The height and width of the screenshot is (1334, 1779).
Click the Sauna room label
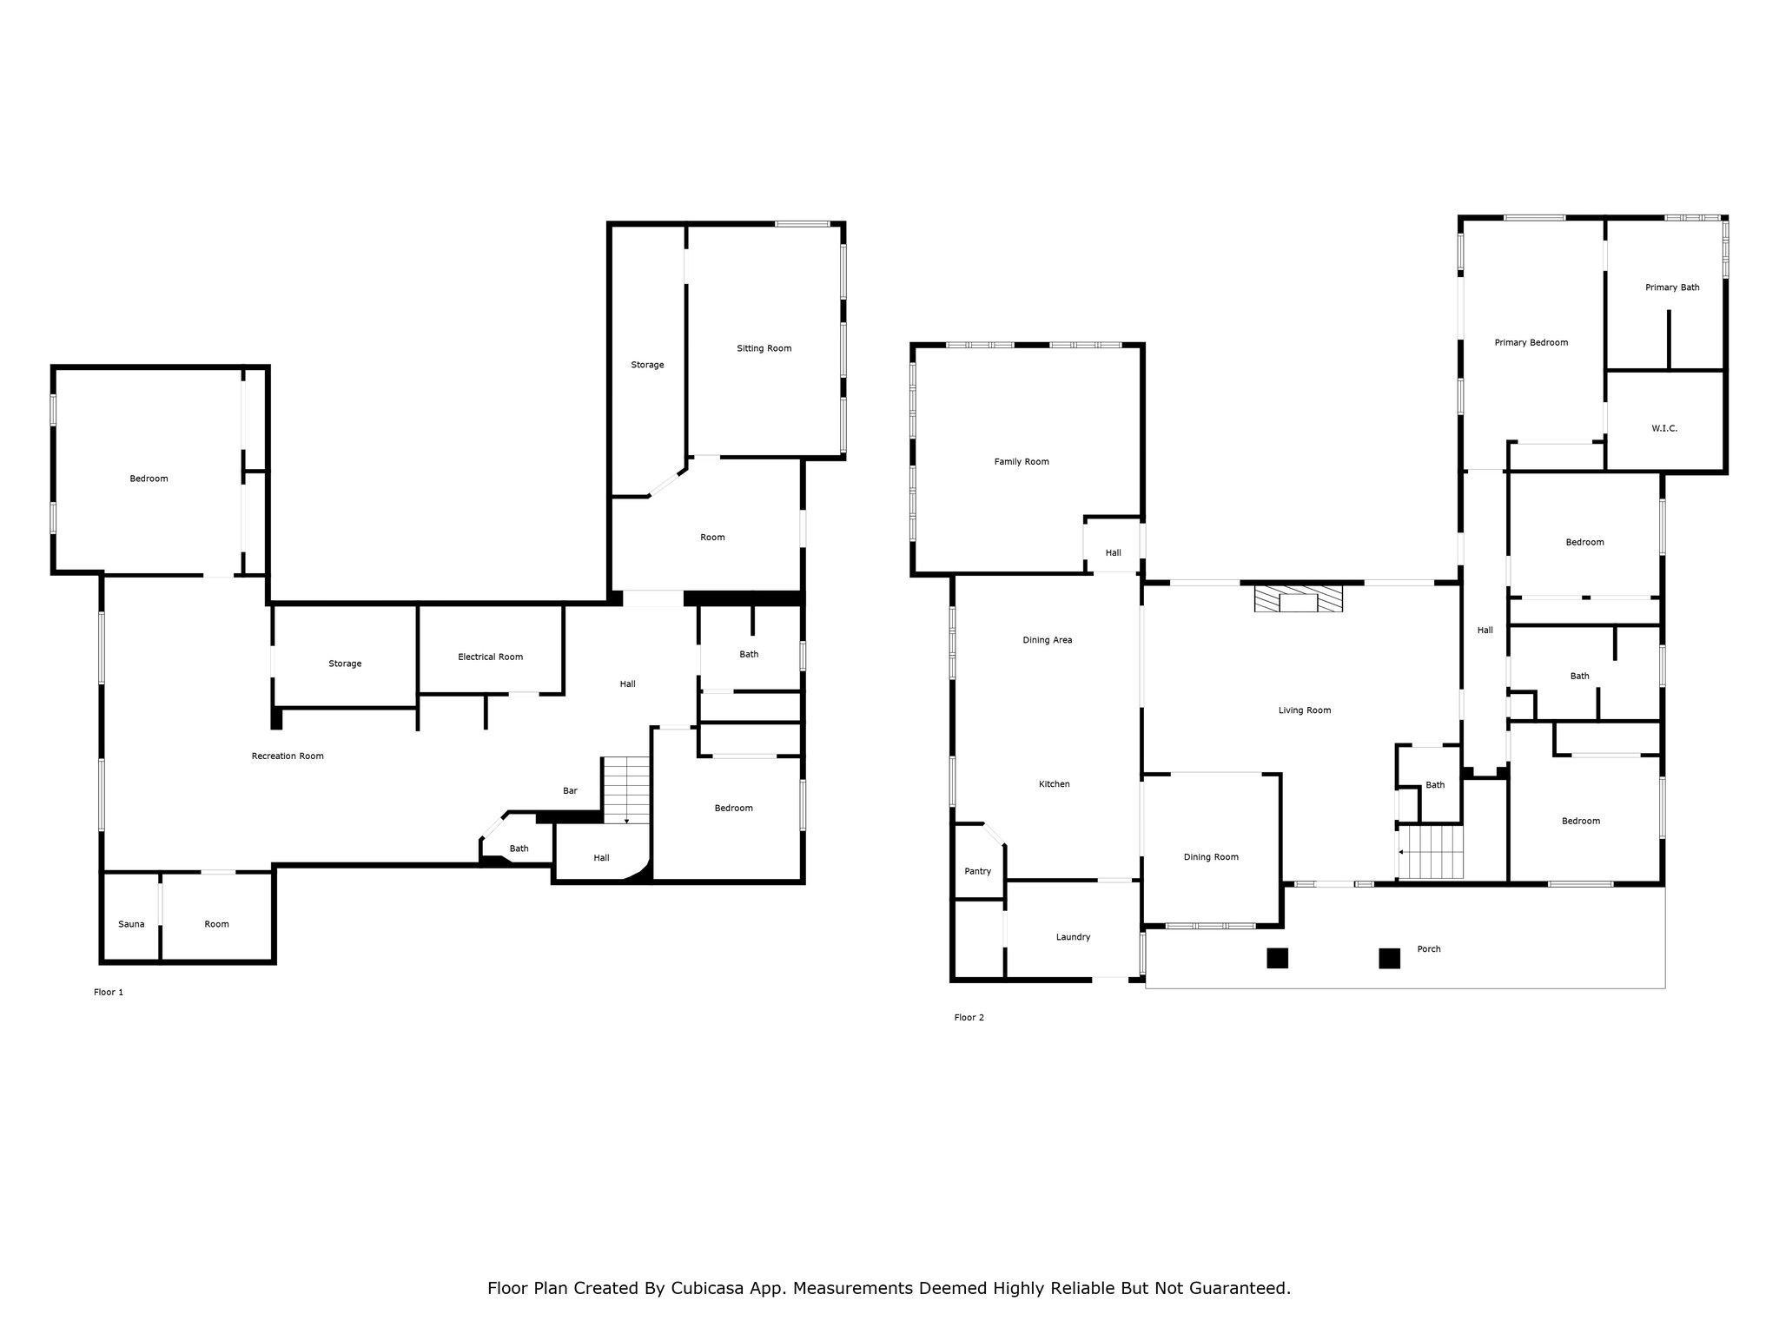click(x=131, y=924)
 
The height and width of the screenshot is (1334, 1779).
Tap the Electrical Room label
click(x=491, y=657)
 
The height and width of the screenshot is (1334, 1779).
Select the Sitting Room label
click(x=764, y=348)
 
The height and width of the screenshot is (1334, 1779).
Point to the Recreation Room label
click(x=288, y=756)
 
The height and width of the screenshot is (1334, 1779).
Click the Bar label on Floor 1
click(x=570, y=790)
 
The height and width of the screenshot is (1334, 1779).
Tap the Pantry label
click(x=977, y=871)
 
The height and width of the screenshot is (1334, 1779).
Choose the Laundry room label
click(x=1073, y=937)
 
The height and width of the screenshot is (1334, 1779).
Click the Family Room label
click(x=1022, y=461)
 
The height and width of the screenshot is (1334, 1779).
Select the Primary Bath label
click(x=1672, y=287)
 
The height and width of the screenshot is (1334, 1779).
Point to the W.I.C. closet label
click(x=1664, y=428)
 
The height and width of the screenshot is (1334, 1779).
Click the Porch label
click(x=1429, y=948)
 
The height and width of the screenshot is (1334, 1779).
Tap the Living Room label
click(x=1305, y=710)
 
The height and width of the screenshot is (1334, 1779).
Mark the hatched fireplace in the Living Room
click(x=1299, y=599)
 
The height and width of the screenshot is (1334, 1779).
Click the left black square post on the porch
click(x=1277, y=958)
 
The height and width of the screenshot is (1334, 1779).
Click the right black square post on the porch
click(x=1390, y=958)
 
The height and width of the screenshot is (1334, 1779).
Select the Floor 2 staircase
click(x=1431, y=852)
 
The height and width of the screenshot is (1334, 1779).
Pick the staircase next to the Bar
click(x=626, y=790)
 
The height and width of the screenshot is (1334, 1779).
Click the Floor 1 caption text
click(x=109, y=992)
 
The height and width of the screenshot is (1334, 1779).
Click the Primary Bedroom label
click(x=1531, y=342)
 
